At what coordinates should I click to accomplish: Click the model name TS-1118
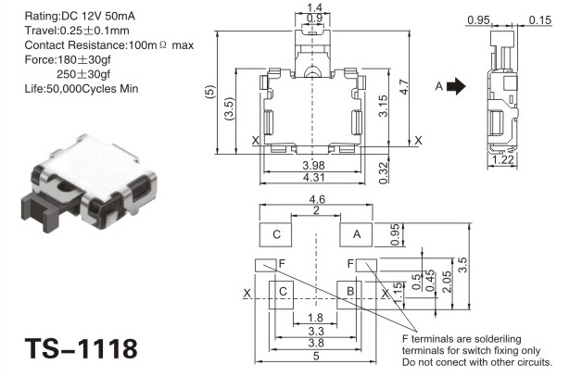[81, 349]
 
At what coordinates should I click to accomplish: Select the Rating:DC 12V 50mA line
[80, 16]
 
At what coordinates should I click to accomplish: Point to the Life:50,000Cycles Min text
[82, 89]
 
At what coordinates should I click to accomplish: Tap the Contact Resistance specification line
[109, 45]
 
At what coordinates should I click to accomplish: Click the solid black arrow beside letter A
[456, 86]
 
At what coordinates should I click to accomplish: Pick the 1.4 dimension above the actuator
[314, 7]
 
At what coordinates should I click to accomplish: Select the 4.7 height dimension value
[404, 88]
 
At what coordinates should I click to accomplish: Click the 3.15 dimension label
[383, 107]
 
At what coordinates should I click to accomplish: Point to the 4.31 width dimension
[313, 178]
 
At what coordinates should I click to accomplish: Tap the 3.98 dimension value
[313, 166]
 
